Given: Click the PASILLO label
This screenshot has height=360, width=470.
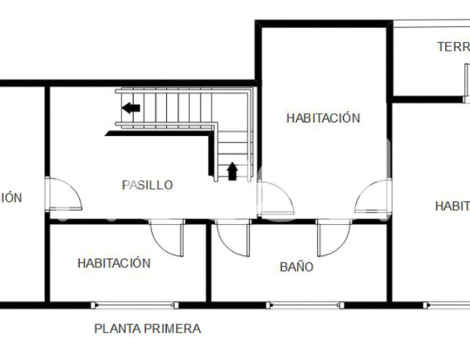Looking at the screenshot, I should click(147, 185).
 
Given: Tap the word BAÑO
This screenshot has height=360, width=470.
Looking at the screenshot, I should click(297, 267).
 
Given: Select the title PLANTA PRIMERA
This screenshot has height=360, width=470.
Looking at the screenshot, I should click(147, 329).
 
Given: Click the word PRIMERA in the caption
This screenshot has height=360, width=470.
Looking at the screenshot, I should click(174, 329).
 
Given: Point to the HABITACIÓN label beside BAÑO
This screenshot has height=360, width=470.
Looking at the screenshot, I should click(114, 264).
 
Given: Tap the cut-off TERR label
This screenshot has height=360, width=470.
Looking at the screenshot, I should click(453, 47).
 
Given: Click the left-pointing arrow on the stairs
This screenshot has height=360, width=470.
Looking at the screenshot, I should click(131, 108).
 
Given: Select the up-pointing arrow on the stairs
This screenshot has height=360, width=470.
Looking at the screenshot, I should click(232, 171).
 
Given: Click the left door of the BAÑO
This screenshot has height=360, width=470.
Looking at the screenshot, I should click(232, 237).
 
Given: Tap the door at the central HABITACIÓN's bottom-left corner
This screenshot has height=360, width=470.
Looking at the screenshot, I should click(276, 199).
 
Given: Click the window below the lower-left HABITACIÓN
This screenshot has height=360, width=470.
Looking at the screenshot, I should click(135, 304).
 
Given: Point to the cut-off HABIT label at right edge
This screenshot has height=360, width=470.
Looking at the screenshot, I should click(453, 206).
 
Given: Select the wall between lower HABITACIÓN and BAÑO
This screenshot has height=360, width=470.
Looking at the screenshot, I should click(208, 262).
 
